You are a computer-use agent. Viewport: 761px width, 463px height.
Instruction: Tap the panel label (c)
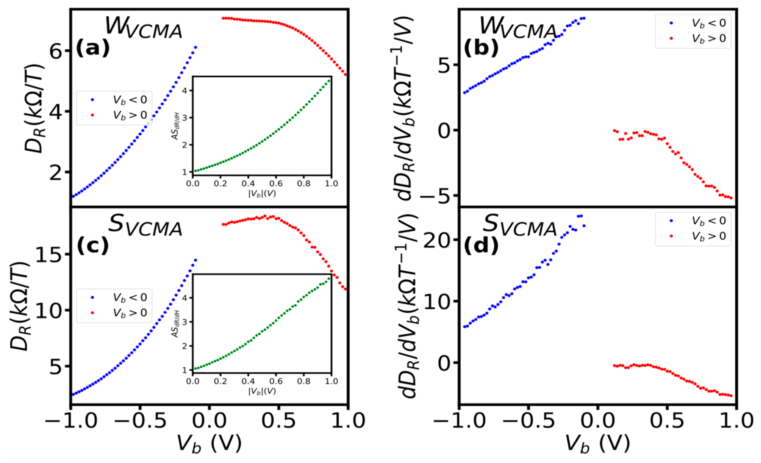click(93, 246)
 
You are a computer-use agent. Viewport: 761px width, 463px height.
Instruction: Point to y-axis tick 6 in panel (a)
click(56, 51)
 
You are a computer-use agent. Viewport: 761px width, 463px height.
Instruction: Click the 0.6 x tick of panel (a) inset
click(276, 184)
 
